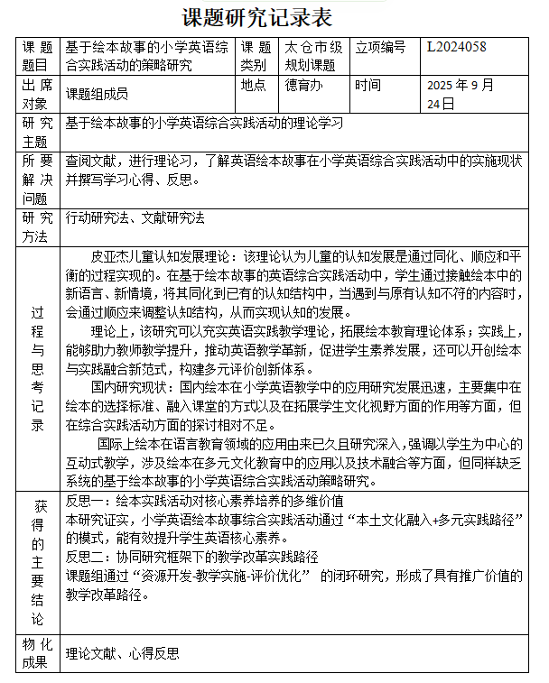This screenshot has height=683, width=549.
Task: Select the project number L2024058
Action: (x=457, y=48)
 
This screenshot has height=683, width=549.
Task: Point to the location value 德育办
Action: (x=303, y=86)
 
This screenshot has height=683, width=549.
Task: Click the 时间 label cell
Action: (x=368, y=86)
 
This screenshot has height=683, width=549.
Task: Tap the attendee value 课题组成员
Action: (x=97, y=94)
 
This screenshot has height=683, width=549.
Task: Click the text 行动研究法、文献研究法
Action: (x=135, y=217)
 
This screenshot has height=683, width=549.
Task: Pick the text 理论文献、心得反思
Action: (x=122, y=654)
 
